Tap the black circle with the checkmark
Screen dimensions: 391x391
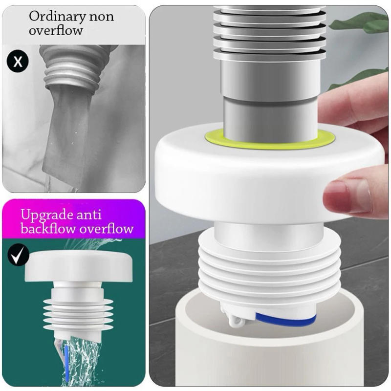[x=18, y=256]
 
